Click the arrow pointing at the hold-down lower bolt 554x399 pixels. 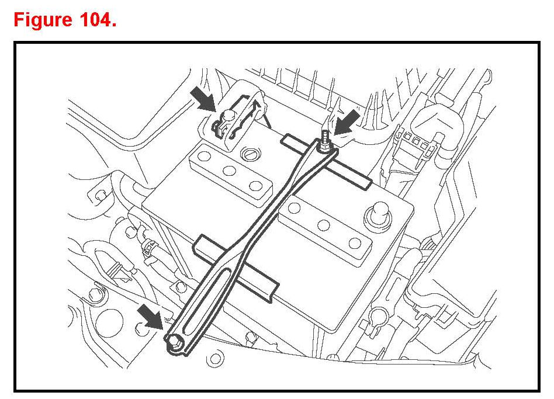coord(150,318)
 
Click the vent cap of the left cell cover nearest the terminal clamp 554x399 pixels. coord(205,157)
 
